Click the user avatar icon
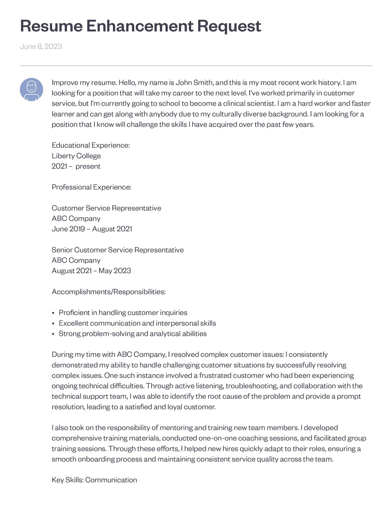click(x=32, y=90)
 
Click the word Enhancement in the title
click(x=140, y=26)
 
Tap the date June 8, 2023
click(x=41, y=46)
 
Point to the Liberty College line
click(x=76, y=156)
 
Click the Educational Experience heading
click(x=91, y=145)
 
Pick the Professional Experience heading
click(x=92, y=187)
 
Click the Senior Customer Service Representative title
click(x=118, y=250)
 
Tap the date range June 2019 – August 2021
click(x=92, y=229)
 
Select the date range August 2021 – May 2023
click(x=91, y=271)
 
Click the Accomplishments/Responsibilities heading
click(x=109, y=292)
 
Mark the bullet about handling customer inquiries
click(x=123, y=313)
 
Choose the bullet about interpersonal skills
click(x=137, y=323)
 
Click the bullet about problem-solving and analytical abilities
click(x=133, y=334)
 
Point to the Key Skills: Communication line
click(x=94, y=480)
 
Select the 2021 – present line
click(x=76, y=166)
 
